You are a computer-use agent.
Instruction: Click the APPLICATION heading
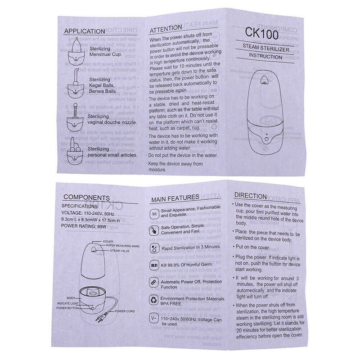click(84, 31)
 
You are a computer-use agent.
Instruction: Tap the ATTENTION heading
click(166, 30)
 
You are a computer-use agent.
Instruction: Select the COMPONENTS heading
click(86, 197)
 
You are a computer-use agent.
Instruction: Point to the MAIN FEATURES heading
click(175, 198)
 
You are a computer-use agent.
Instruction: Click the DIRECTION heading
click(251, 196)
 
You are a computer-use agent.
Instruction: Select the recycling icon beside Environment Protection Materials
click(153, 299)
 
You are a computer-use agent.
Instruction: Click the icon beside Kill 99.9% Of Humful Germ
click(153, 266)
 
